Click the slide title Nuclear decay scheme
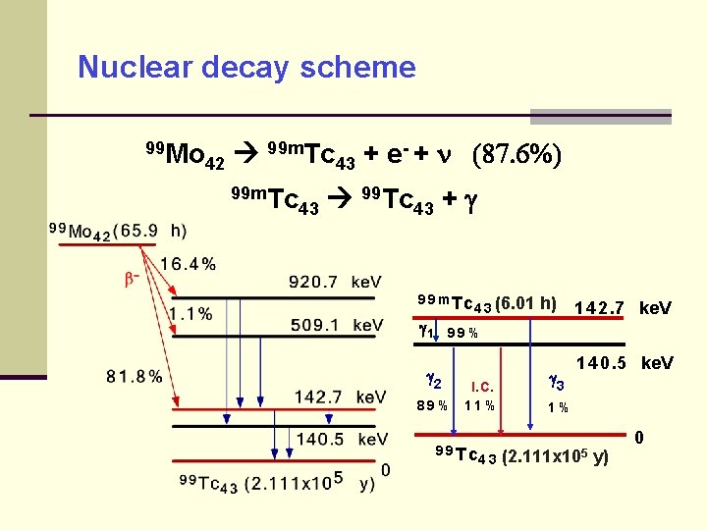tap(246, 68)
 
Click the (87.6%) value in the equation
tap(517, 155)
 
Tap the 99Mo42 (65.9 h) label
tap(118, 231)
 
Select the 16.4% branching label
tap(188, 263)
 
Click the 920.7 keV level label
tap(335, 283)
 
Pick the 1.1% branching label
tap(190, 314)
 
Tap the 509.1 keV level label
tap(335, 325)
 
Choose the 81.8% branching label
tap(135, 376)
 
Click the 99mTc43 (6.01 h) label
tap(487, 303)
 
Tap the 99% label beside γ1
tap(462, 333)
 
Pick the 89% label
tap(432, 405)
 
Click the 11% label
tap(480, 405)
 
